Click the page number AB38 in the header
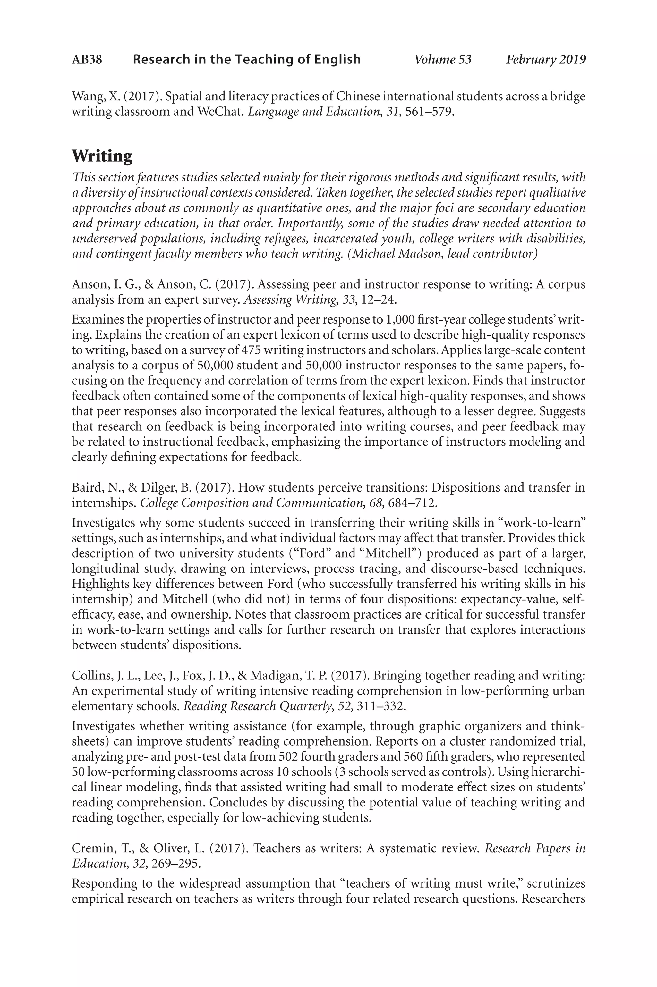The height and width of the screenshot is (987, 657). (87, 59)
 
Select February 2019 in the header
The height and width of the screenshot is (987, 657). (546, 59)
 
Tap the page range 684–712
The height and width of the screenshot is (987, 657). (413, 502)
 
